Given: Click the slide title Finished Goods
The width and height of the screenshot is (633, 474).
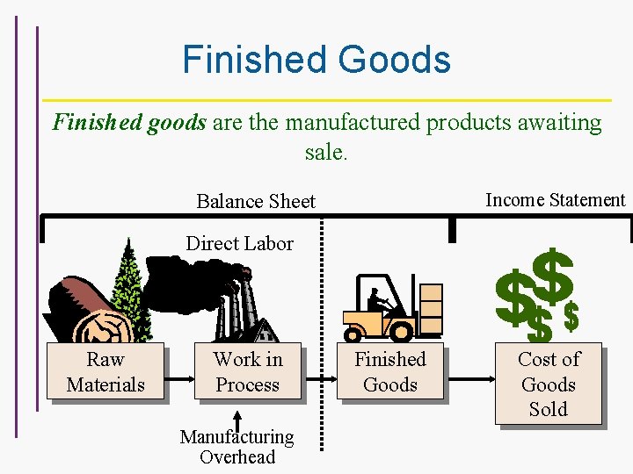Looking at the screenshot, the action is tap(316, 60).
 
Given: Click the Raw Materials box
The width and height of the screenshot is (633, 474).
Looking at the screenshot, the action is tap(105, 372).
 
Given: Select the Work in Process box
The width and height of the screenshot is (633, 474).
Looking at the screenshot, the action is tap(248, 372).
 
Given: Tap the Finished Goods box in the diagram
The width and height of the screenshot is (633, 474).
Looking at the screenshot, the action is tap(389, 372).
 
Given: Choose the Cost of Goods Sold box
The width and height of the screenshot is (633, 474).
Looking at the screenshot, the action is tap(549, 384).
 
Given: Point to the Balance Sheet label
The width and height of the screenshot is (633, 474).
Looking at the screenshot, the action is tap(255, 201).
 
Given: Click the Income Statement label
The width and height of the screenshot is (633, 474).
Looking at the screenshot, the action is tap(555, 200).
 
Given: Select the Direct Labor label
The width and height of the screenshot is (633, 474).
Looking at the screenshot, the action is tap(239, 243).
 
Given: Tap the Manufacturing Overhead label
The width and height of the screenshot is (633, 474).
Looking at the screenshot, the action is tap(236, 446).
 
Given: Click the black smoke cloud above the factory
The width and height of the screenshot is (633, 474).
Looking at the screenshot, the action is tap(185, 281).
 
